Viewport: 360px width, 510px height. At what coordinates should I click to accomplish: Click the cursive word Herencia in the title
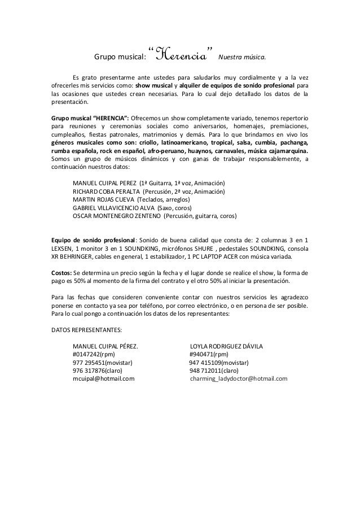(x=183, y=54)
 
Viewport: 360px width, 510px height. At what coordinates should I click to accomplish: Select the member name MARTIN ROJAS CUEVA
(x=104, y=199)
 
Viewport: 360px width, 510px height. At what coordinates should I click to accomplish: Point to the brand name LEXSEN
(x=63, y=248)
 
